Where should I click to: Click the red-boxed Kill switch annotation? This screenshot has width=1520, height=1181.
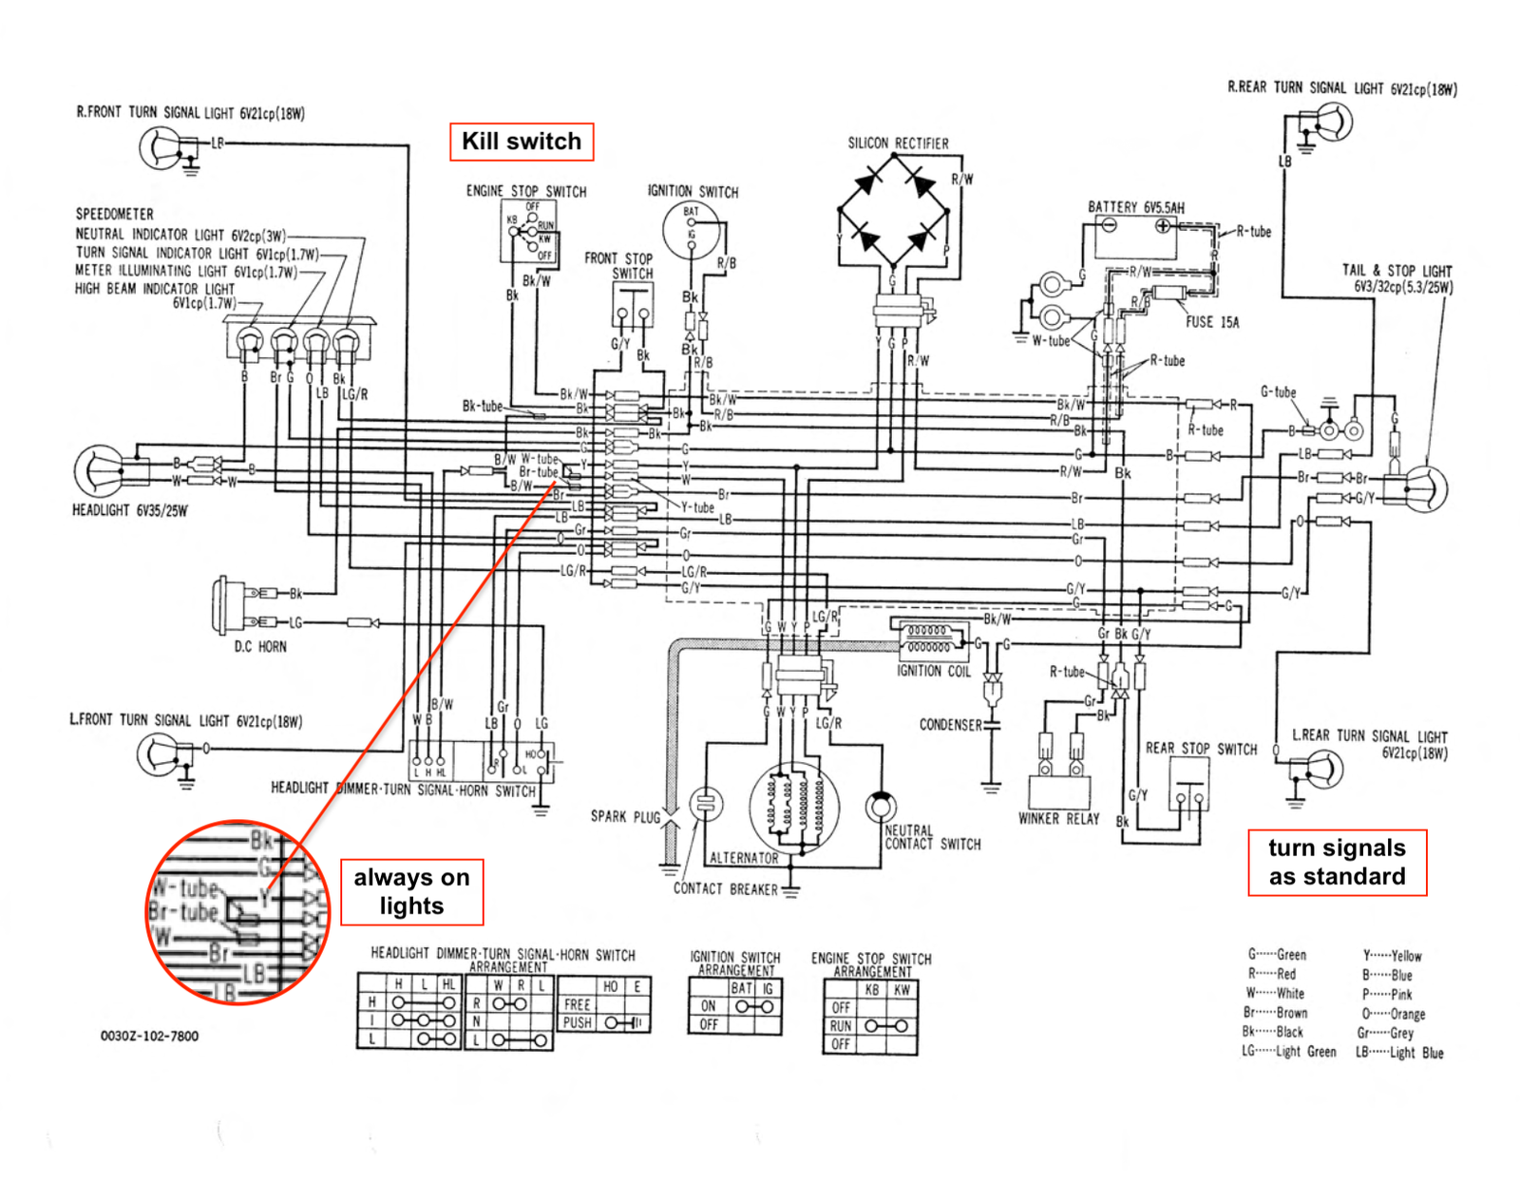[x=522, y=142]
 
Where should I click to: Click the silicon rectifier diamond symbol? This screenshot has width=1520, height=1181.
[x=893, y=210]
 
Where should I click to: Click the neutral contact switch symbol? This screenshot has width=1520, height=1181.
[x=881, y=806]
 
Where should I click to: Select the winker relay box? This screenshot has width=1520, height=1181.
[x=1058, y=791]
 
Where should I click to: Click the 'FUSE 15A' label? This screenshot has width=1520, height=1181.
[x=1212, y=323]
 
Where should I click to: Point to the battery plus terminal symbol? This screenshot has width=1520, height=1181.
[x=1163, y=226]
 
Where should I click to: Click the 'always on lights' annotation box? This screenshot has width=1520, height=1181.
[x=411, y=892]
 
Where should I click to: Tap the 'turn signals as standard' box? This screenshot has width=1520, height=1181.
[x=1337, y=862]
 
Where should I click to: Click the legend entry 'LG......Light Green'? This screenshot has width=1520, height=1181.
[x=1288, y=1052]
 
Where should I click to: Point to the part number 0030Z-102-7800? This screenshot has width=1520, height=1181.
[x=149, y=1036]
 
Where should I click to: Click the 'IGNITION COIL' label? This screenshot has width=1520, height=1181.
[x=933, y=671]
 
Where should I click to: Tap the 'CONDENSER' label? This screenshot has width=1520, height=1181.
[x=950, y=725]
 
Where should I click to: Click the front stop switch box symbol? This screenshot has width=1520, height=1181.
[x=632, y=305]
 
